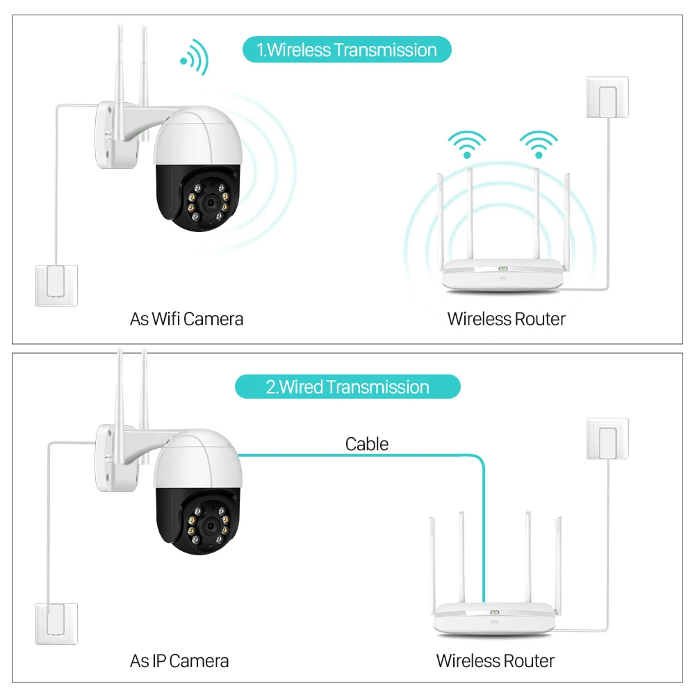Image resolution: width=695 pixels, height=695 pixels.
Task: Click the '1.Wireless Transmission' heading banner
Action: tap(347, 50)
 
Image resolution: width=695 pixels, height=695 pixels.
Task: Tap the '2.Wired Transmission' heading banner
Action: tap(347, 387)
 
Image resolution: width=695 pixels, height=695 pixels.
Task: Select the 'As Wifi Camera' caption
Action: tap(186, 319)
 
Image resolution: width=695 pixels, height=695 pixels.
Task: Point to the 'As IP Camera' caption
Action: tap(179, 661)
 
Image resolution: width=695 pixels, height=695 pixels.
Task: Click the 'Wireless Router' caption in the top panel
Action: tap(506, 319)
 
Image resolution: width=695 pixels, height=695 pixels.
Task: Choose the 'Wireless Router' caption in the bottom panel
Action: tap(495, 661)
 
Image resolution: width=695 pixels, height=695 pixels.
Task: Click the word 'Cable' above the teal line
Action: tap(367, 444)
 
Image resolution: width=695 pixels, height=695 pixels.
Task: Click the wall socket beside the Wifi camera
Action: tap(57, 285)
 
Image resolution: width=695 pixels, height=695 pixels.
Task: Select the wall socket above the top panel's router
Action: tap(607, 97)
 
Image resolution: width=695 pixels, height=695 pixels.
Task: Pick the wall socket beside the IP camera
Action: tap(57, 623)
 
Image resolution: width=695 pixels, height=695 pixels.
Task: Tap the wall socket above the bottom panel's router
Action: tap(607, 438)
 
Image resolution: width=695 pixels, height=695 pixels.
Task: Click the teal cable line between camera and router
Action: tap(361, 456)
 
